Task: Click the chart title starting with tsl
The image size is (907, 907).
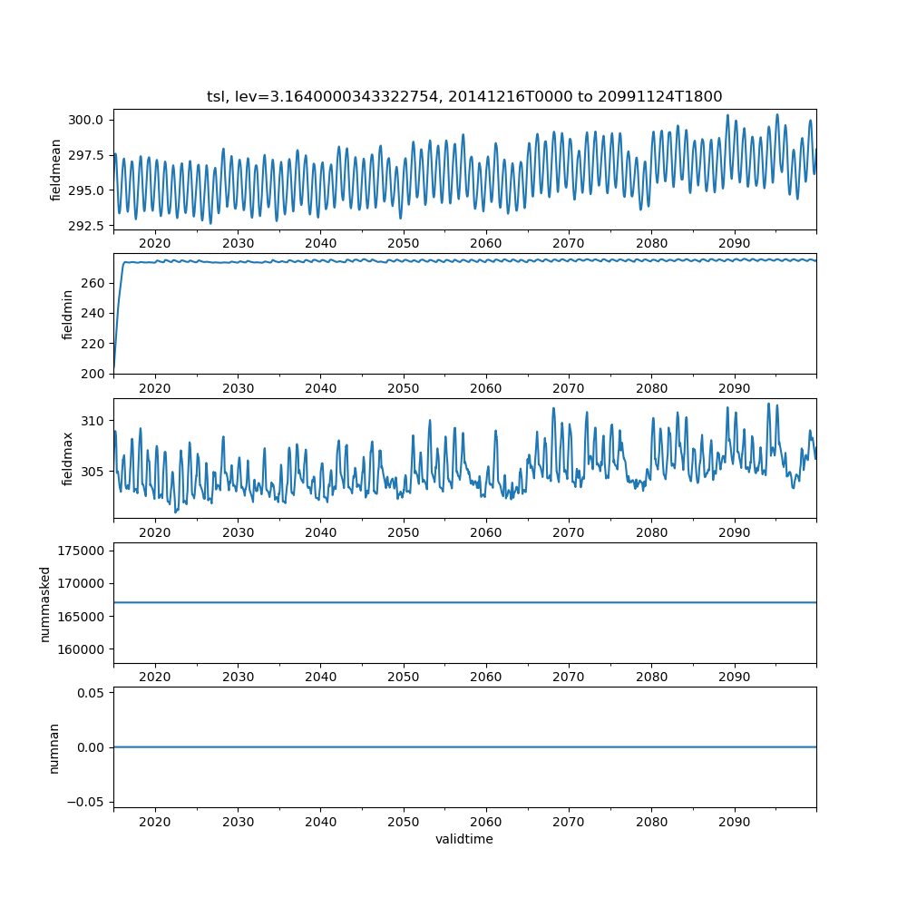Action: click(x=464, y=96)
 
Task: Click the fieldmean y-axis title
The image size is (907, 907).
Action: click(x=56, y=170)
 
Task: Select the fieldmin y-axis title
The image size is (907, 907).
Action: click(x=67, y=314)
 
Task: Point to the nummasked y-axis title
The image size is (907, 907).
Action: click(x=44, y=604)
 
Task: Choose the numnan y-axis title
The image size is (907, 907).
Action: click(x=54, y=747)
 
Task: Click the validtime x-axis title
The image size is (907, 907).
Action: click(x=464, y=839)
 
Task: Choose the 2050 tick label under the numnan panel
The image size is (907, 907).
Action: click(x=404, y=822)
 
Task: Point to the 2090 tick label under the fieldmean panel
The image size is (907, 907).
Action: click(x=734, y=243)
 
